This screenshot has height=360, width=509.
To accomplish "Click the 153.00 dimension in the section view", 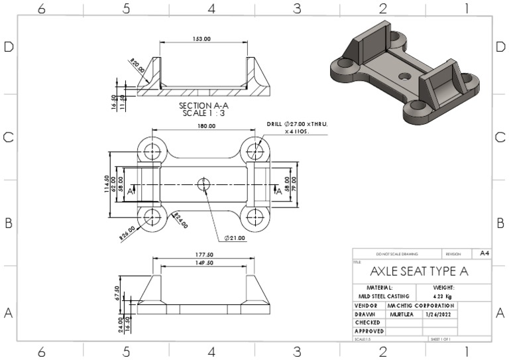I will [x=202, y=39].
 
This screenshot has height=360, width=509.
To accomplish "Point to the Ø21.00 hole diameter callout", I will [x=235, y=237].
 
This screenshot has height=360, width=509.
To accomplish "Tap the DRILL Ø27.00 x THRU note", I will [x=297, y=124].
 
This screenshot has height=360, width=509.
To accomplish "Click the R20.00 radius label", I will [x=137, y=66].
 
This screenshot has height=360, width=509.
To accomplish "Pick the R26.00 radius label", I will [x=127, y=233].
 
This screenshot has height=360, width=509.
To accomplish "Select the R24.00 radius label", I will [x=180, y=220].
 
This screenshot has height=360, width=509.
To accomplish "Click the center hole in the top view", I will [x=203, y=183].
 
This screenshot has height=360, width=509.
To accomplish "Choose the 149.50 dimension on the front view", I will [x=203, y=263].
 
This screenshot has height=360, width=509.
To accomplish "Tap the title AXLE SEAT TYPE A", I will [x=419, y=271].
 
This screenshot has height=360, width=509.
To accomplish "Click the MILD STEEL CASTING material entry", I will [x=384, y=296].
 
